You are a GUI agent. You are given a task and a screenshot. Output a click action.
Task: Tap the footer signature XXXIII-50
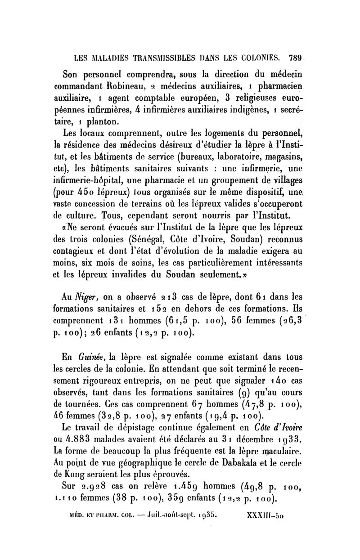coord(268,512)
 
